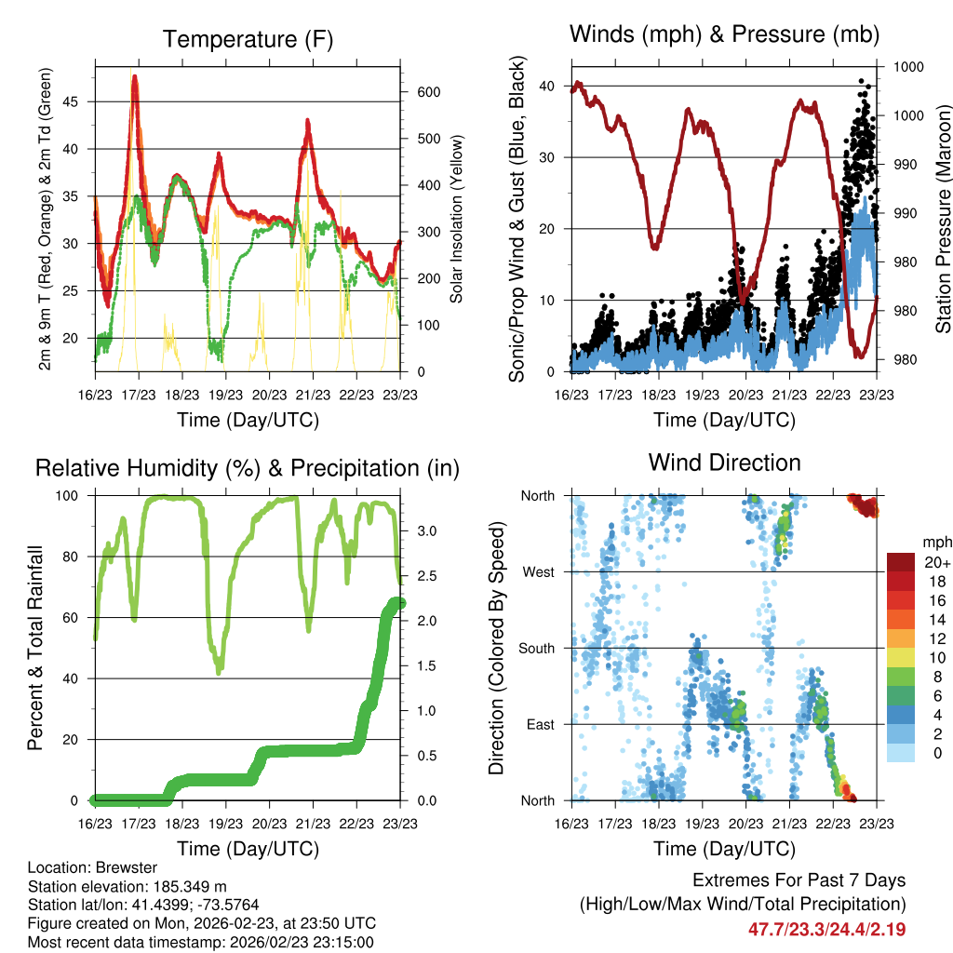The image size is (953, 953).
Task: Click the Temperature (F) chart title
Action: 248,39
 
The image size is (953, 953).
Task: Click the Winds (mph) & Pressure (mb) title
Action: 724,34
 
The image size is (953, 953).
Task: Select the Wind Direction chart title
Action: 724,463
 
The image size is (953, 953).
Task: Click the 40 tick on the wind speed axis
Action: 551,86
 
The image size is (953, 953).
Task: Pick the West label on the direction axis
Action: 537,571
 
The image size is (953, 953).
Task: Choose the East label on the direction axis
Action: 539,724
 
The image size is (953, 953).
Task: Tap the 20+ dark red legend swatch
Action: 899,562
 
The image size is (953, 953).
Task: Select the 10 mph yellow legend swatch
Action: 899,658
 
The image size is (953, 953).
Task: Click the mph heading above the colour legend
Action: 934,542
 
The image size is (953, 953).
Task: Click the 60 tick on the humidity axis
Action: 74,617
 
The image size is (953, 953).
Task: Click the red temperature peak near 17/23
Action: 135,78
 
